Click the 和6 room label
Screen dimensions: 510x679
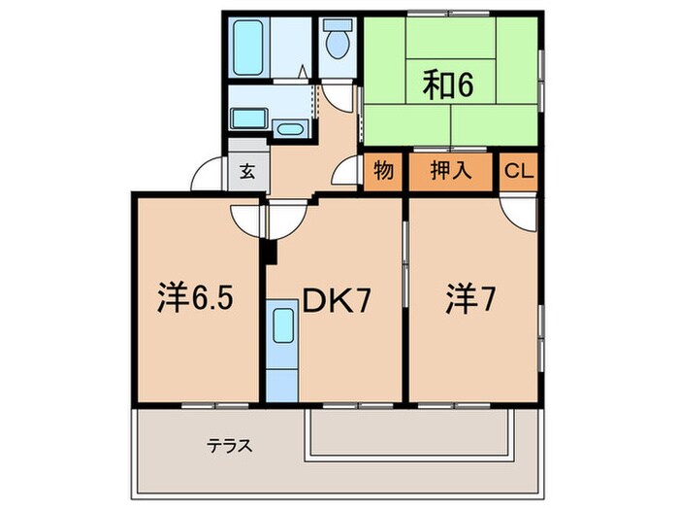pos(447,85)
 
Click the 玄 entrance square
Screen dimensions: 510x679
pos(247,172)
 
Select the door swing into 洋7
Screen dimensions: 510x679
pos(519,212)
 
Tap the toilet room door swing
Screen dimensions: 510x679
pos(339,96)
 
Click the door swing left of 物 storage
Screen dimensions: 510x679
pos(348,174)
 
